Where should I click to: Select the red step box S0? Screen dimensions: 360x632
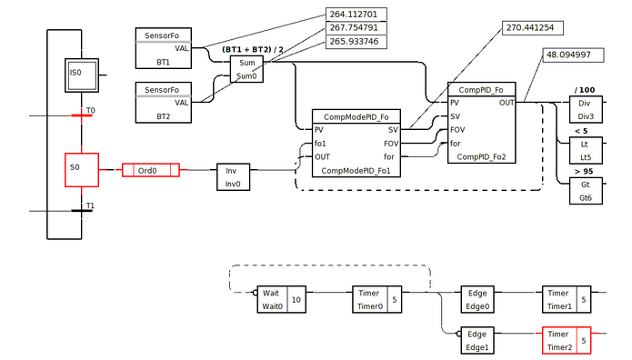[x=82, y=168]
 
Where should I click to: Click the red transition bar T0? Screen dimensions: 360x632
[x=82, y=115]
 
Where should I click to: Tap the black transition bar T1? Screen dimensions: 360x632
[x=82, y=211]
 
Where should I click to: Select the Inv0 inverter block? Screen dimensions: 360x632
[x=232, y=176]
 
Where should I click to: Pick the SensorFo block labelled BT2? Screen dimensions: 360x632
[x=163, y=103]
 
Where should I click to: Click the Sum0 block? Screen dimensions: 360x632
[x=246, y=69]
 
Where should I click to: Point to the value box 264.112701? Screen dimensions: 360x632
[x=356, y=15]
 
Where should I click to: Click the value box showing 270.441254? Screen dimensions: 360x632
[x=533, y=27]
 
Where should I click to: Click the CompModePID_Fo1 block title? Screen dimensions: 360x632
[x=356, y=116]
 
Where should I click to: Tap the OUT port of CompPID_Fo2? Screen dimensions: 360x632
[x=506, y=103]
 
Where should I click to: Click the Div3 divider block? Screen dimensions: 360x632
[x=584, y=110]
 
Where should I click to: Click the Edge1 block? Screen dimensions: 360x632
[x=477, y=340]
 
